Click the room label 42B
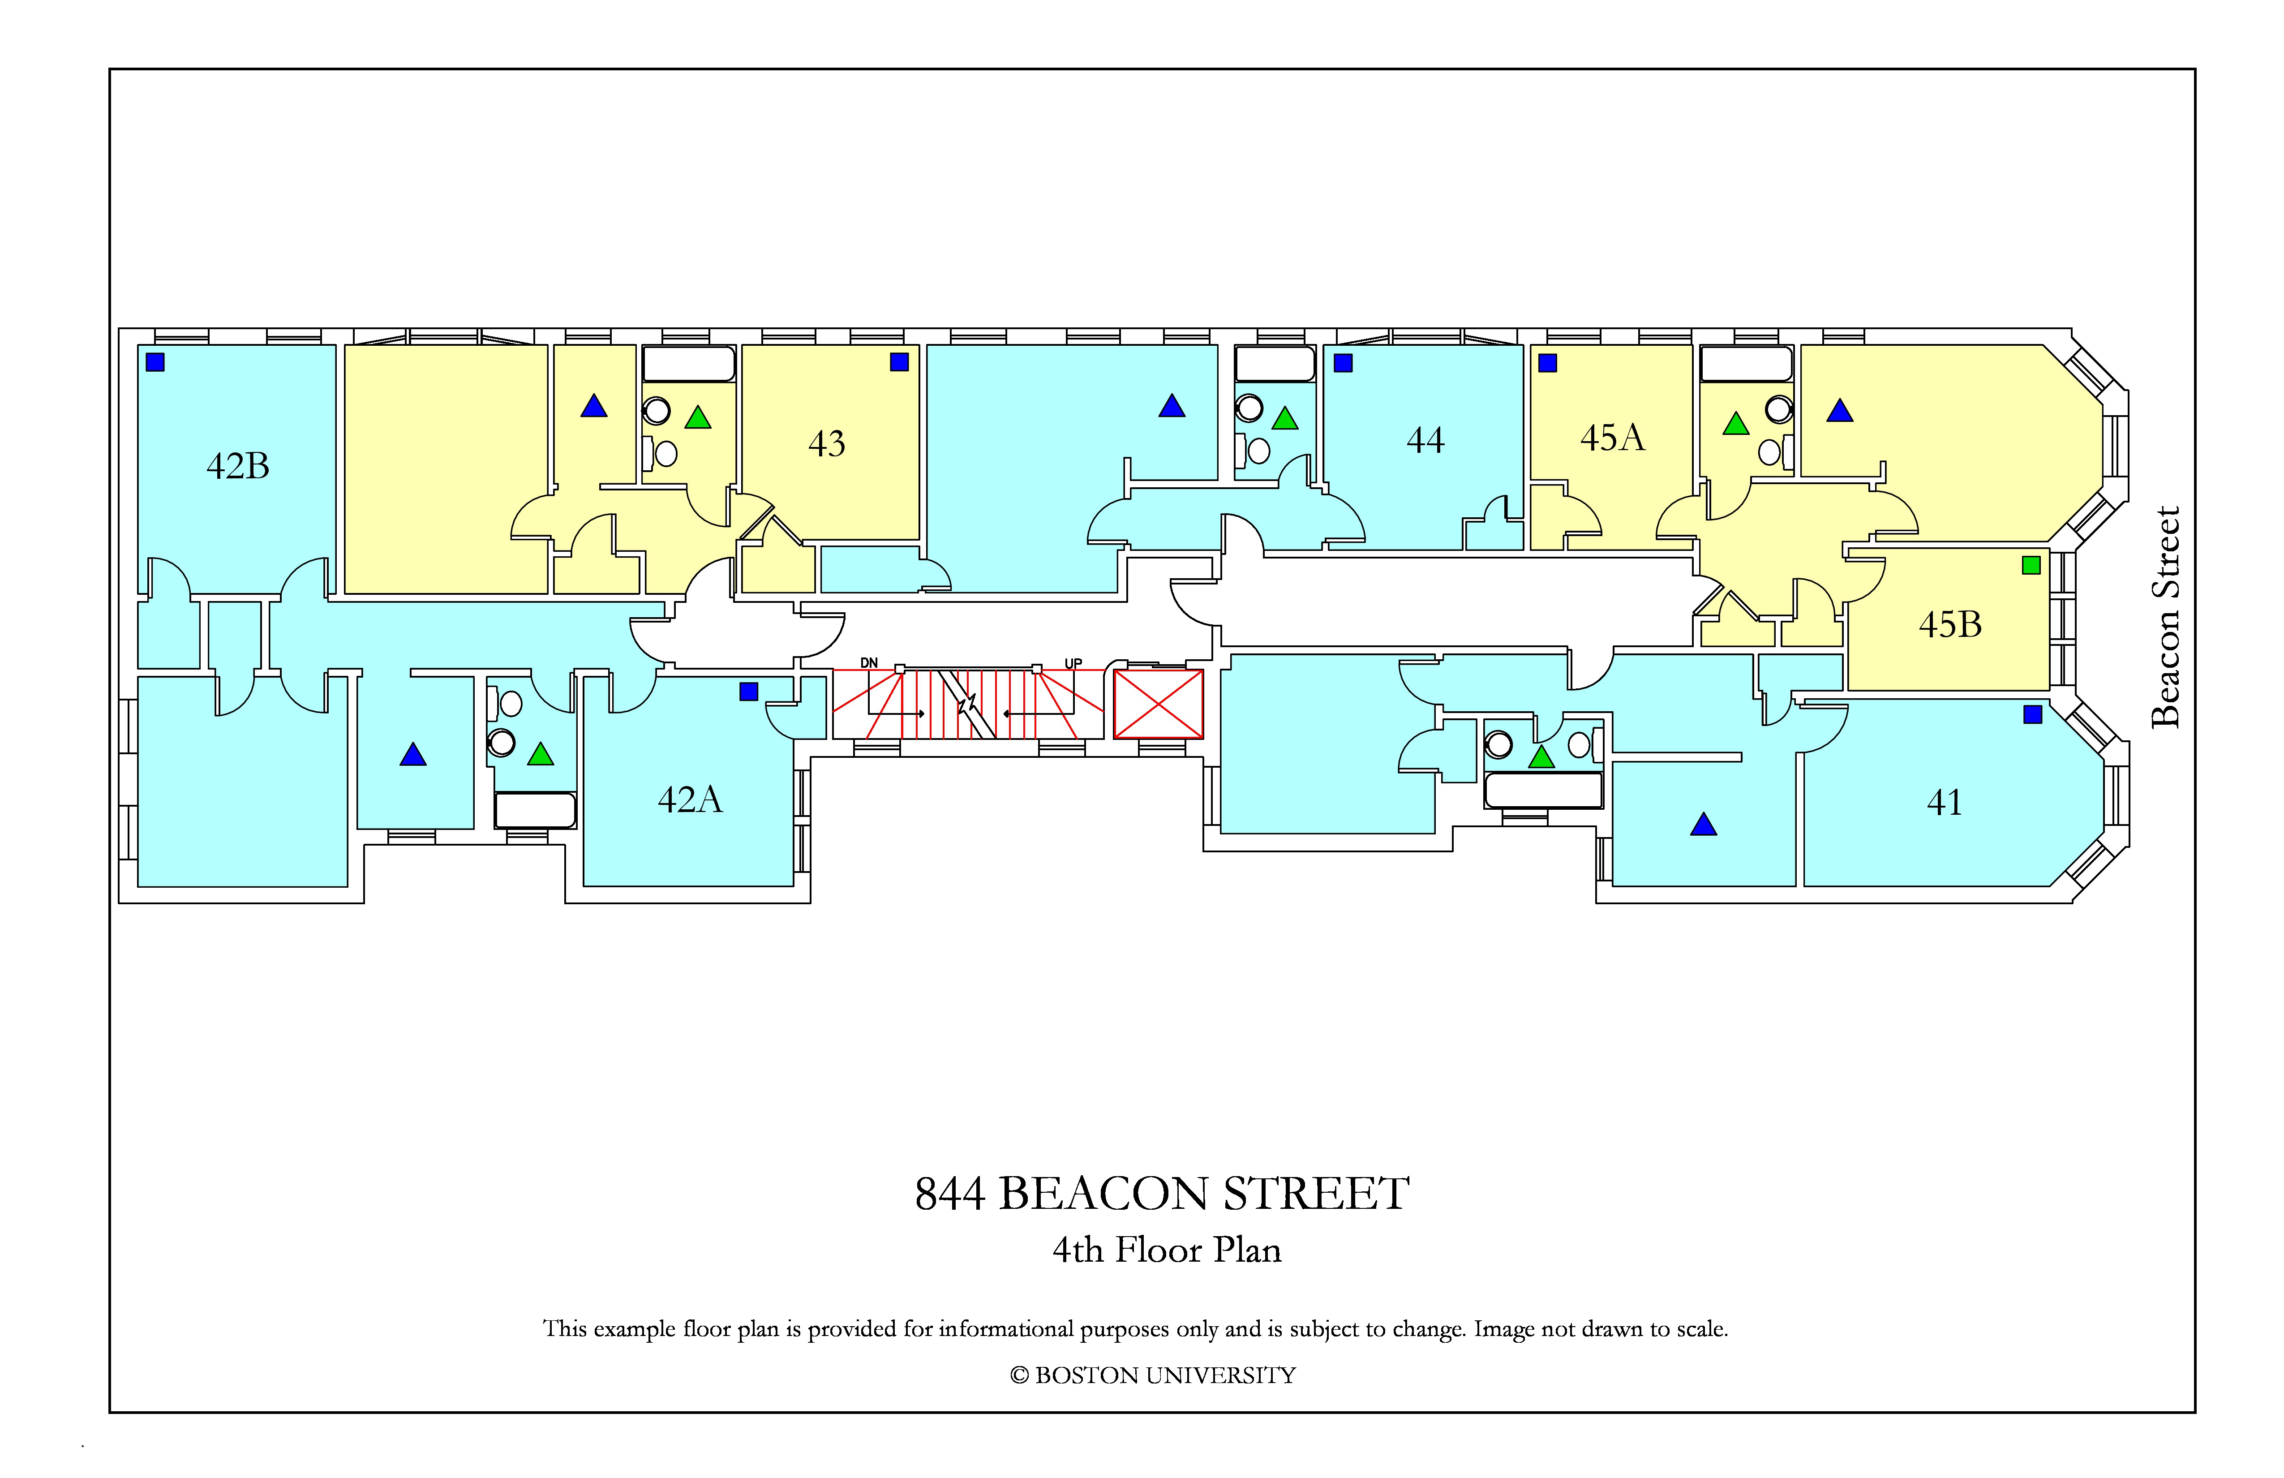(238, 466)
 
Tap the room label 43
(826, 443)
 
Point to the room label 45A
(1612, 438)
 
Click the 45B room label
(1950, 625)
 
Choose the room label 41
(1944, 802)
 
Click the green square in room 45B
(2031, 565)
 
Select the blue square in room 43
(899, 362)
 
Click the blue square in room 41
(2033, 714)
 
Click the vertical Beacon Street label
(2166, 617)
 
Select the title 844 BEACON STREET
(1162, 1194)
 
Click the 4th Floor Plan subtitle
(1167, 1250)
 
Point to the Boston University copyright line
(1153, 1375)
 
